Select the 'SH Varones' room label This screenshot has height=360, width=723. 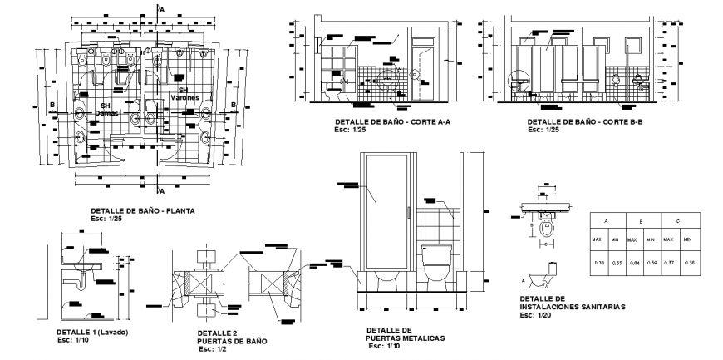[x=184, y=93]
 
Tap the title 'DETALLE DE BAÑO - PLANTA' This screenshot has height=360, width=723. [x=142, y=211]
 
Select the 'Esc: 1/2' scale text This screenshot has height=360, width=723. [x=214, y=348]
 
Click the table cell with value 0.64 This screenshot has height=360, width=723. [x=632, y=264]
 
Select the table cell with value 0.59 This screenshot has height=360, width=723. [x=654, y=264]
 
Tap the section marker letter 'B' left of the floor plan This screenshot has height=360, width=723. [x=52, y=105]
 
